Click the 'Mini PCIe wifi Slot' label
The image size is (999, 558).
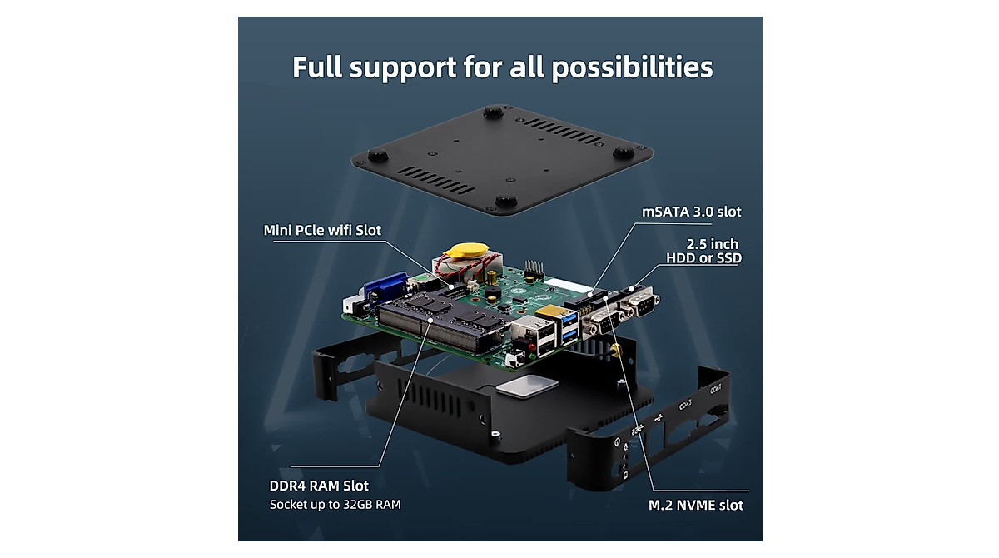pyautogui.click(x=322, y=230)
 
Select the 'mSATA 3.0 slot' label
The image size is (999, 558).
pyautogui.click(x=691, y=212)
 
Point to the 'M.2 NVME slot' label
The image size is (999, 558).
pyautogui.click(x=696, y=505)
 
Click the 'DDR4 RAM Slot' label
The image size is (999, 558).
pyautogui.click(x=319, y=486)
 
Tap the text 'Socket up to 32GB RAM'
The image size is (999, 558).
pyautogui.click(x=335, y=505)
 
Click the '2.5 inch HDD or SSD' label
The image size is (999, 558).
pyautogui.click(x=703, y=251)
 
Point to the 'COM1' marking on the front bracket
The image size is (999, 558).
pyautogui.click(x=714, y=388)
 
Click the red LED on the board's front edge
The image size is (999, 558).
pyautogui.click(x=519, y=342)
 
